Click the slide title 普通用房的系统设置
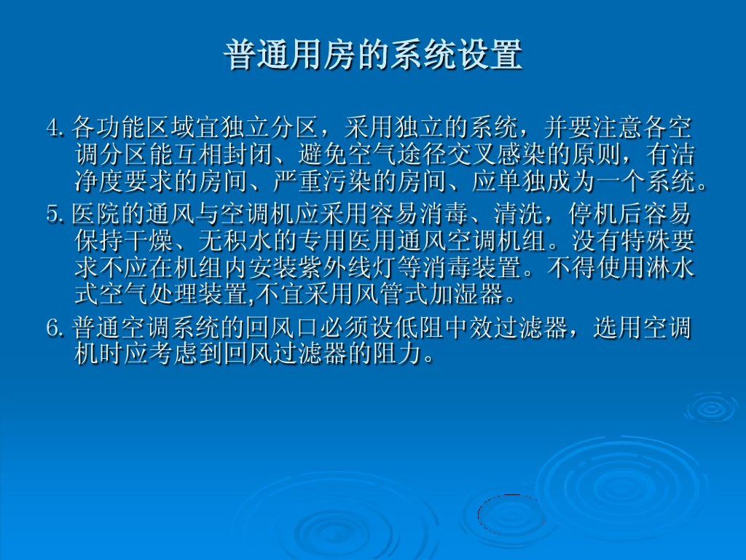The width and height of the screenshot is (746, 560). (373, 54)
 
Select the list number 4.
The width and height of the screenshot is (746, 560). (55, 127)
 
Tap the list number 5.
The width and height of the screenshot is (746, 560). (55, 214)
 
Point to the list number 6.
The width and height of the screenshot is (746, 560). (55, 329)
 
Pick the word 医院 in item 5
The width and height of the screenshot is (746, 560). (97, 214)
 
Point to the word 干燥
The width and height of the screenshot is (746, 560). (149, 241)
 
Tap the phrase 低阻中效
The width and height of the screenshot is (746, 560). (419, 329)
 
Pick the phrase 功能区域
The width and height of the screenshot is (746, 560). (146, 127)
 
